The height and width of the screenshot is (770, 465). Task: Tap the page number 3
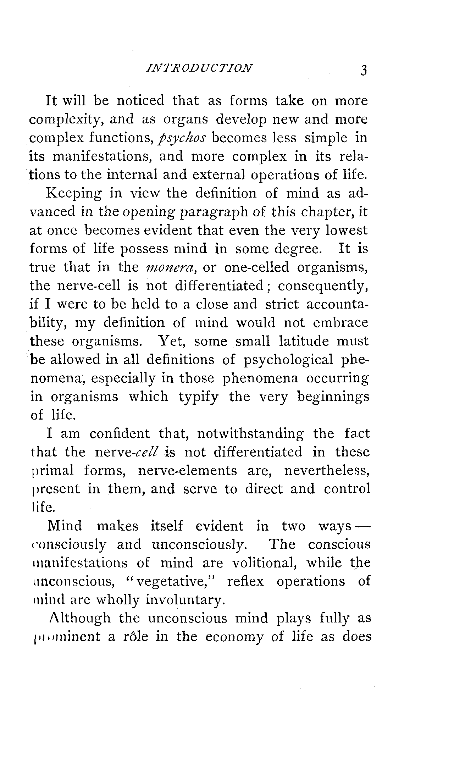[x=363, y=70]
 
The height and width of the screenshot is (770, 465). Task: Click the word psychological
[x=288, y=360]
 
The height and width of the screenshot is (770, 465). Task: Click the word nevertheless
[x=327, y=471]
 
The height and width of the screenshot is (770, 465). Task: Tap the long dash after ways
[x=362, y=526]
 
